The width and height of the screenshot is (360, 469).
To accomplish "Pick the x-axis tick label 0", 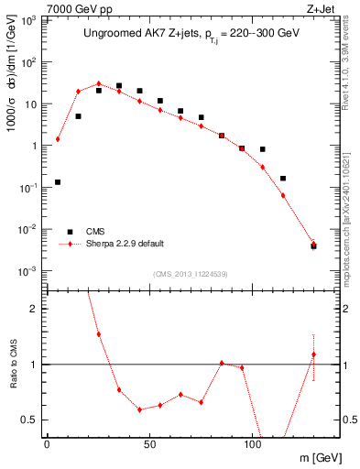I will click(x=47, y=443).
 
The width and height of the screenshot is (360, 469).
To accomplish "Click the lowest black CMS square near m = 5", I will click(x=58, y=182).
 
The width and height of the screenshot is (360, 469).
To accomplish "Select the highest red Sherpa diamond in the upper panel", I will click(x=99, y=83).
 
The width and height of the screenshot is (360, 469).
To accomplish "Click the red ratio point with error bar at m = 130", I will click(x=313, y=354).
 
